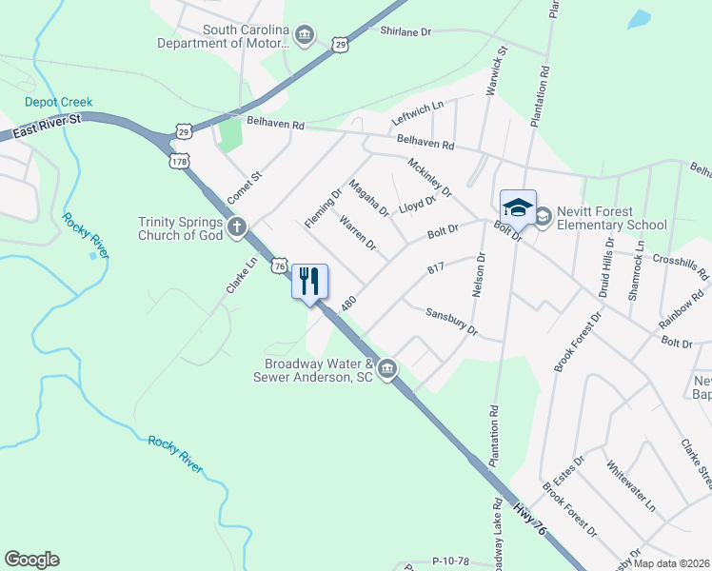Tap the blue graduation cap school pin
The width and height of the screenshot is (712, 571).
point(518,207)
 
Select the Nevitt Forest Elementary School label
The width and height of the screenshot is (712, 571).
point(612,218)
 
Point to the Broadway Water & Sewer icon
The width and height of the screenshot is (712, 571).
point(387,369)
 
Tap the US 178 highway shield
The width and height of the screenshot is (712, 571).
point(178,161)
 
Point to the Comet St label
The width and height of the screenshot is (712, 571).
point(244,187)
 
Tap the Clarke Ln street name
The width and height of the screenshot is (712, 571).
point(239,275)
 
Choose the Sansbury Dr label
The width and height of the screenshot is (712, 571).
point(450,322)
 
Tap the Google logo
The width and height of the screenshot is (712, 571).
point(31,560)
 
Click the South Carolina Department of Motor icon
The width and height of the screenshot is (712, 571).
point(304,36)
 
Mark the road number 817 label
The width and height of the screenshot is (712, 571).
point(436,270)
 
